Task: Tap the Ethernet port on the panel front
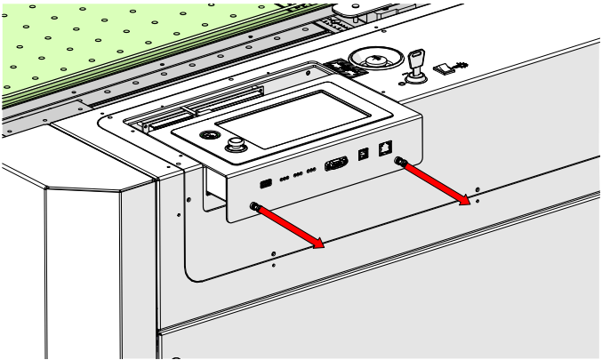pos(384,148)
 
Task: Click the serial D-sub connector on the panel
pos(336,164)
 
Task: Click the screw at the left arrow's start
pos(255,206)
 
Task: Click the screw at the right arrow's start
pos(401,163)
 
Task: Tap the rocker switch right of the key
pos(444,66)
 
